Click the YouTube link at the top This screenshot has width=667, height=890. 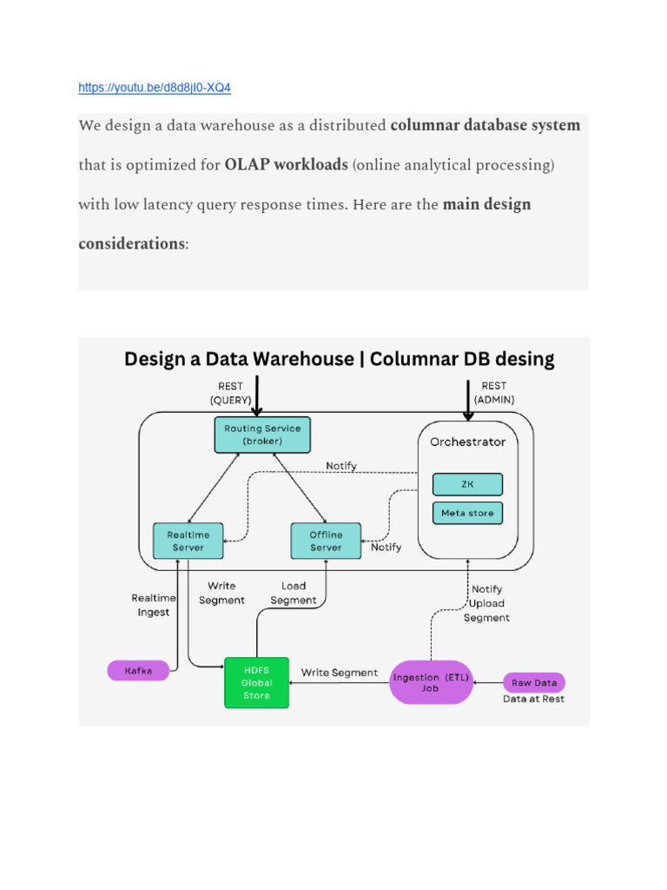tap(154, 88)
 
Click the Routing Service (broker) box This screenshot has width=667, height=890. tap(261, 435)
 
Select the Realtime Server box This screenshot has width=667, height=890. tap(188, 541)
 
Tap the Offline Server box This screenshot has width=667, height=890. tap(326, 541)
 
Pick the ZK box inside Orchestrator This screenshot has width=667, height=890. tap(467, 484)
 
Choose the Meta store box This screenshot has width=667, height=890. tap(467, 513)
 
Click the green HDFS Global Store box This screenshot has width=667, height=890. tap(256, 683)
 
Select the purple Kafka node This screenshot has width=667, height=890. tap(138, 670)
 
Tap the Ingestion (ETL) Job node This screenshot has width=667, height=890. tap(431, 681)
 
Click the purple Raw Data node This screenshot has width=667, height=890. tap(534, 682)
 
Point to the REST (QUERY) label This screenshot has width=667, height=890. tap(230, 392)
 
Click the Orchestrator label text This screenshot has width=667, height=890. tap(467, 442)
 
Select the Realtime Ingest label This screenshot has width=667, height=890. tap(154, 605)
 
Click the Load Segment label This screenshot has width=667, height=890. tap(294, 593)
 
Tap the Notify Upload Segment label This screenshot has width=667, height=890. tap(485, 603)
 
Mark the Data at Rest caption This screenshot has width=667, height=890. tap(533, 699)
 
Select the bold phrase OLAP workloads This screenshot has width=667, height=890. tap(286, 164)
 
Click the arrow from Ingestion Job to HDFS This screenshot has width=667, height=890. tap(339, 683)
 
